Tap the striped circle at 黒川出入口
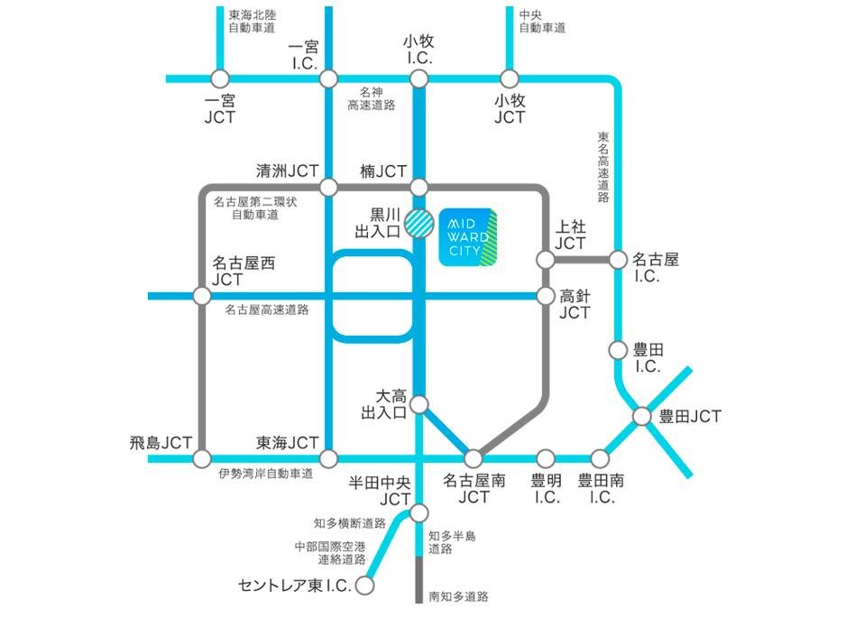pyautogui.click(x=418, y=222)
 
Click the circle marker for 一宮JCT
pyautogui.click(x=219, y=79)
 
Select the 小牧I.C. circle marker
pyautogui.click(x=418, y=79)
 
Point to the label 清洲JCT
pyautogui.click(x=288, y=171)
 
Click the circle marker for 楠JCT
pyautogui.click(x=418, y=188)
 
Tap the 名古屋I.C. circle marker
pyautogui.click(x=618, y=260)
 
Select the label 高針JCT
pyautogui.click(x=575, y=304)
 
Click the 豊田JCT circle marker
pyautogui.click(x=641, y=417)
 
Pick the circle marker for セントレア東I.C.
pyautogui.click(x=364, y=586)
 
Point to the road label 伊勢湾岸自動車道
pyautogui.click(x=265, y=474)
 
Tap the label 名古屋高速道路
pyautogui.click(x=267, y=309)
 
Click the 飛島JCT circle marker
pyautogui.click(x=203, y=459)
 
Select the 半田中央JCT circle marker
pyautogui.click(x=418, y=513)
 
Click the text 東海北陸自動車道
pyautogui.click(x=254, y=22)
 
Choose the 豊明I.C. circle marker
pyautogui.click(x=546, y=459)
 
